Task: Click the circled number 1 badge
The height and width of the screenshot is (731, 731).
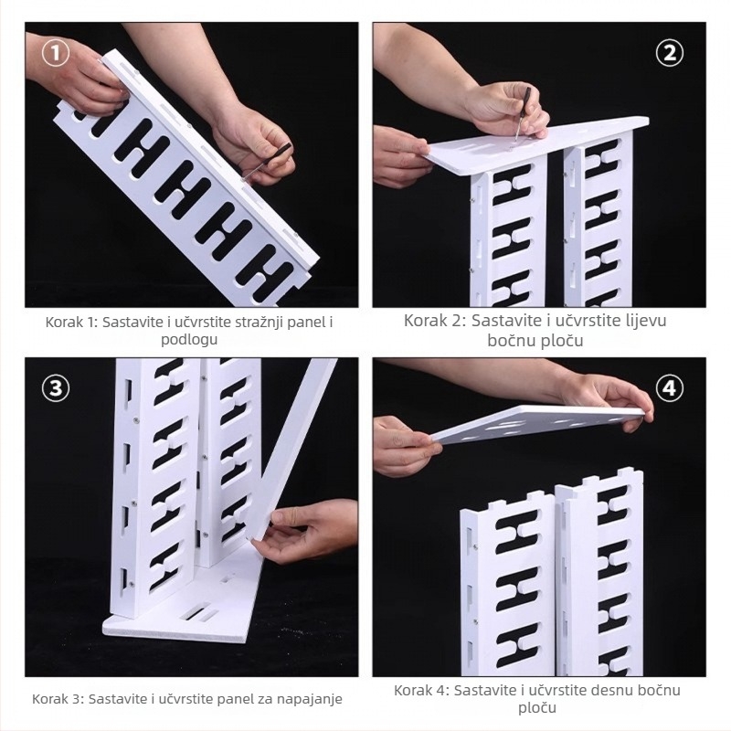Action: pos(56,53)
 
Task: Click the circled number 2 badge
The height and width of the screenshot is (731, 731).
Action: pos(670,53)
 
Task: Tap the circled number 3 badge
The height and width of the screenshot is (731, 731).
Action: pos(56,387)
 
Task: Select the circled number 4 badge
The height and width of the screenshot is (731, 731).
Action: pos(670,387)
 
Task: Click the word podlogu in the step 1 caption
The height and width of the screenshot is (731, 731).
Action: pos(189,340)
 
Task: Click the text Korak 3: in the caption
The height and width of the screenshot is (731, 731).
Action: pos(58,699)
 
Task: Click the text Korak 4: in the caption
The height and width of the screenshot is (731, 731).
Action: pos(421,691)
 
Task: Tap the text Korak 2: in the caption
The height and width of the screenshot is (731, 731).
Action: pos(435,321)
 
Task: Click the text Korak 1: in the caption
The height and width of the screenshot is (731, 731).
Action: pos(72,323)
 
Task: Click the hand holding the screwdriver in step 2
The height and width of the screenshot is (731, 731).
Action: pos(508,111)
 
